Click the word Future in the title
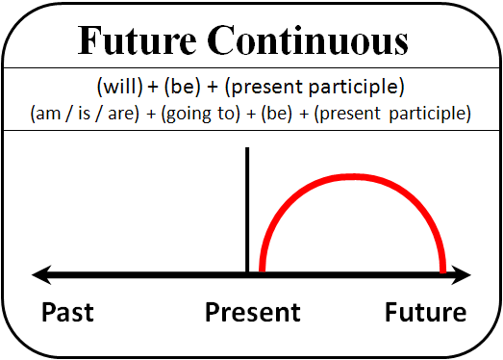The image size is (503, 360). (x=131, y=40)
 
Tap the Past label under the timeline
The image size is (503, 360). (x=67, y=313)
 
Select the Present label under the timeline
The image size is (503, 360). (x=252, y=313)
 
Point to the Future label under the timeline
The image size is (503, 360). (x=425, y=313)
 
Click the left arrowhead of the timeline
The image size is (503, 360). (x=40, y=276)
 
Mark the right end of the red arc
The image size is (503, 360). (x=441, y=272)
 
